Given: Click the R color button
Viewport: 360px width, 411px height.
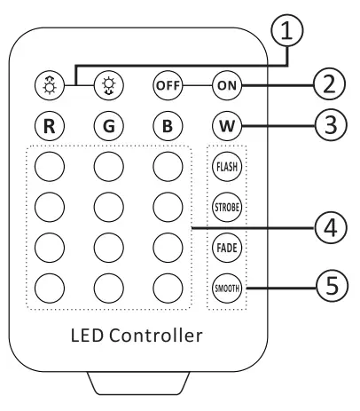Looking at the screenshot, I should coord(50,124).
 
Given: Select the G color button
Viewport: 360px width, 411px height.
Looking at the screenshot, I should coord(108,124).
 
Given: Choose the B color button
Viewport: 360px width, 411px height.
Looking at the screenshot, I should coord(166,124).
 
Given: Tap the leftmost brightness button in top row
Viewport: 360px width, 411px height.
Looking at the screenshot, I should coord(50,88).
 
